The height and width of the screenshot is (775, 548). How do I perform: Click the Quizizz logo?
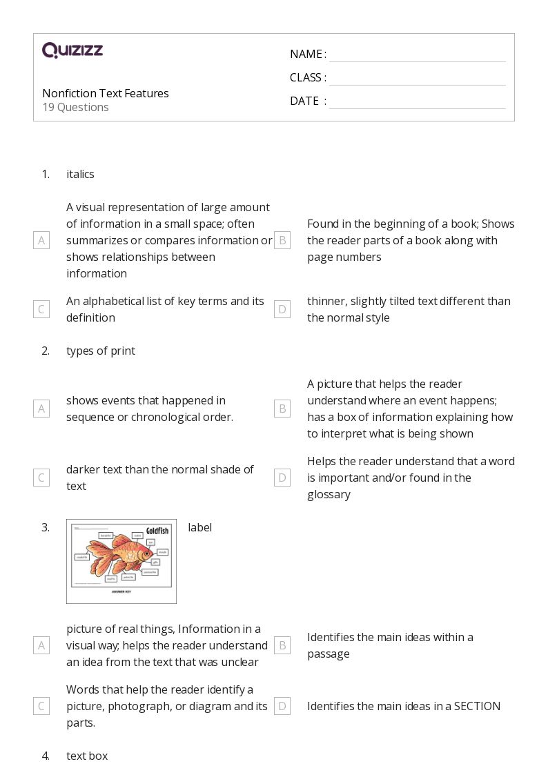click(x=72, y=50)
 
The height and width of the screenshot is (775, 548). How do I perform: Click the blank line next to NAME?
click(x=417, y=55)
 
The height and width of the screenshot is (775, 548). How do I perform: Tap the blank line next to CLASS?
click(x=417, y=79)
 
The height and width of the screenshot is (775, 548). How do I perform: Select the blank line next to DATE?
click(x=417, y=102)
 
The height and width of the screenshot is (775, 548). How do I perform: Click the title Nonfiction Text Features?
click(x=105, y=93)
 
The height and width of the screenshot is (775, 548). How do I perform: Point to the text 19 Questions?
click(x=75, y=107)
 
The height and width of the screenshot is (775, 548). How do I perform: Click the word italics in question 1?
click(x=80, y=174)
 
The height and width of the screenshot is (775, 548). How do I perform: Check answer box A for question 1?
click(x=41, y=240)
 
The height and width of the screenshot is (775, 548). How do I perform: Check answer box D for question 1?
click(x=282, y=309)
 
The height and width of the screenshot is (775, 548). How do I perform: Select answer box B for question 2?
click(x=282, y=409)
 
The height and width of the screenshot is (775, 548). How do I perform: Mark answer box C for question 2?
click(x=41, y=478)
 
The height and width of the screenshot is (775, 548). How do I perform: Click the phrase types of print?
click(x=101, y=351)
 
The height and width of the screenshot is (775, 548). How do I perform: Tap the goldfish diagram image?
click(x=121, y=561)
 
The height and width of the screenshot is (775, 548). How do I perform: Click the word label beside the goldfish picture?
click(x=199, y=527)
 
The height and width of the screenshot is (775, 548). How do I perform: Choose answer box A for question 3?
click(x=41, y=645)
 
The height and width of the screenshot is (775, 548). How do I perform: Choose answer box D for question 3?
click(x=282, y=706)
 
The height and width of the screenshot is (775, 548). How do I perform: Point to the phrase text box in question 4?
click(x=87, y=756)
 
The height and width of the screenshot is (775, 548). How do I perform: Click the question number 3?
click(x=46, y=527)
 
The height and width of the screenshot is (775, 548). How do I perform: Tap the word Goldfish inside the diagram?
click(x=157, y=531)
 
